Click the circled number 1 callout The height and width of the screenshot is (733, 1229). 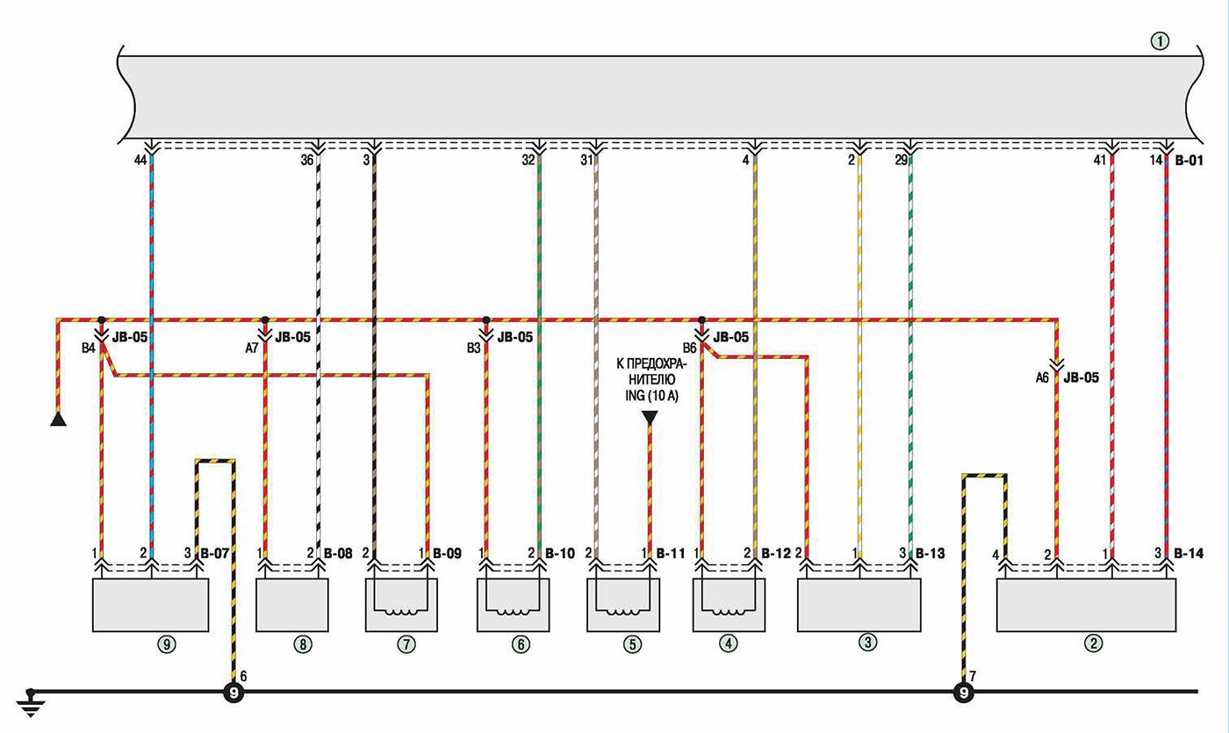(1160, 41)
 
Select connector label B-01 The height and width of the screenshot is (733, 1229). (1189, 161)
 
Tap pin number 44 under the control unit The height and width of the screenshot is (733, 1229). (140, 161)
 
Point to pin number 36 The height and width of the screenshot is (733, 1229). (306, 161)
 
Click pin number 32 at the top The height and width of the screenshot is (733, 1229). (528, 161)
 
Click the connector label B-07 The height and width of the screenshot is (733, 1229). (214, 553)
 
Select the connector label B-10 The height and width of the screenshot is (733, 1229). (560, 553)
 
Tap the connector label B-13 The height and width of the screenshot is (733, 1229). (930, 553)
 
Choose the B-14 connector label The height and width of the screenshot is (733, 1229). (1189, 553)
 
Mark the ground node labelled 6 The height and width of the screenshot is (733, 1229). (234, 693)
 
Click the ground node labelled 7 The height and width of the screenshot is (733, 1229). (964, 693)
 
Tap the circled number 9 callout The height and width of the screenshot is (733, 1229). (167, 644)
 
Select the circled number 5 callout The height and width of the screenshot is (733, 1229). (632, 644)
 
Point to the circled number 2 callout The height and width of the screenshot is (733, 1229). (1093, 643)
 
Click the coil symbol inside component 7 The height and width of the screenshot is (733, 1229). (400, 611)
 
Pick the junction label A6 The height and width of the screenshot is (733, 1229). (1042, 377)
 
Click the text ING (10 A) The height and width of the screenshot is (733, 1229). (651, 395)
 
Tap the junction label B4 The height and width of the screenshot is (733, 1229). (89, 348)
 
